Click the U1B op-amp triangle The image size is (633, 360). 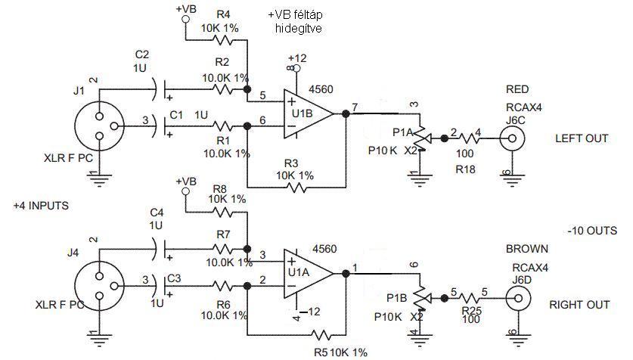click(x=308, y=113)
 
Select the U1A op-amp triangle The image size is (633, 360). click(x=308, y=273)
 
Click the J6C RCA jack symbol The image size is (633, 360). click(x=512, y=138)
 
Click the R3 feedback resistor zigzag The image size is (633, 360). click(x=296, y=188)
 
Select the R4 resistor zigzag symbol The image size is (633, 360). click(x=223, y=40)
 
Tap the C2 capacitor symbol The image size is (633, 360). click(x=160, y=88)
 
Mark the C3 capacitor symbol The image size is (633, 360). click(x=160, y=286)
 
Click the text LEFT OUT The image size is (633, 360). click(x=582, y=138)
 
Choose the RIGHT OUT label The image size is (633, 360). click(x=579, y=305)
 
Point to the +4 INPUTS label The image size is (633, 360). click(x=41, y=206)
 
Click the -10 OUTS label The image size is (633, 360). click(x=592, y=231)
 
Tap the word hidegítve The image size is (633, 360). click(x=298, y=28)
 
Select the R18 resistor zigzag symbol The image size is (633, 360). click(x=469, y=138)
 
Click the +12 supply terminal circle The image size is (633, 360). click(x=297, y=68)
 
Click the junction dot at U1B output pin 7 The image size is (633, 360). click(x=346, y=113)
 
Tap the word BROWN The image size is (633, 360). click(x=527, y=249)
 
